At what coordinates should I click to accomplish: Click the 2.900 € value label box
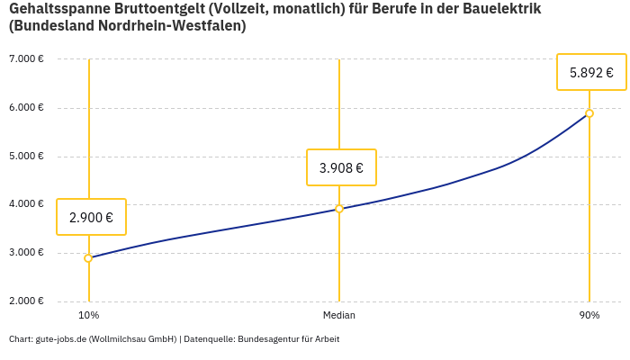click(x=91, y=217)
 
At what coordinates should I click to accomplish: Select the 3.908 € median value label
click(x=341, y=167)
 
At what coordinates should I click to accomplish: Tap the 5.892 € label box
click(x=591, y=73)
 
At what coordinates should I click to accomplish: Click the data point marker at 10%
click(x=88, y=258)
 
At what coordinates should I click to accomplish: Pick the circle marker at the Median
click(x=339, y=209)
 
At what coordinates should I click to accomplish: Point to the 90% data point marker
click(x=589, y=113)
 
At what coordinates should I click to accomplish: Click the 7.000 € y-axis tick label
click(x=26, y=59)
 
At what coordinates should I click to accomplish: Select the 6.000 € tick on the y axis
click(x=26, y=108)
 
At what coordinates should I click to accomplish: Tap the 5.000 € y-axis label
click(x=26, y=156)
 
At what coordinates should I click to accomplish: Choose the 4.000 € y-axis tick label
click(x=26, y=204)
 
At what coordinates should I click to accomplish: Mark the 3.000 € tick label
click(x=26, y=253)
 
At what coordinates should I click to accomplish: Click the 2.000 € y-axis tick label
click(x=26, y=301)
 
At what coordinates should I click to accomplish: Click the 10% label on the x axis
click(x=88, y=316)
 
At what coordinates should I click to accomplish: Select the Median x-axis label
click(x=339, y=316)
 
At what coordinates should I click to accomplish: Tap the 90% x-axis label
click(x=589, y=316)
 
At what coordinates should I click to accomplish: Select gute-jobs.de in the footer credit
click(x=60, y=339)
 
